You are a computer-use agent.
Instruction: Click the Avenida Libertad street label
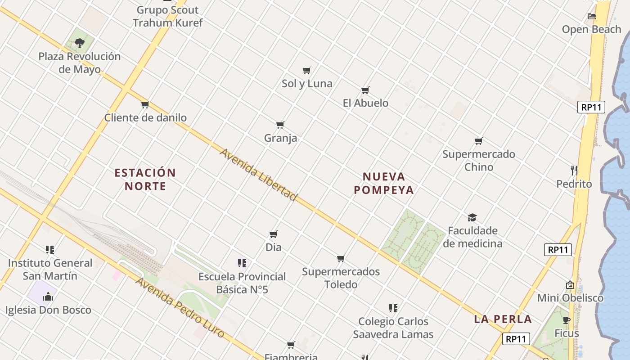[x=258, y=174]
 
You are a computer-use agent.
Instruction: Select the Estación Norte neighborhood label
[x=145, y=179]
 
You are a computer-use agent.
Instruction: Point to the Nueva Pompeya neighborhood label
[x=384, y=183]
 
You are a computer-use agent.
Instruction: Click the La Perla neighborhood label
[x=503, y=319]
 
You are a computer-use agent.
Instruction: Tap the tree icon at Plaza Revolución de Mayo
[x=80, y=43]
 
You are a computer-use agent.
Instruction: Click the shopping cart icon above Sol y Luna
[x=307, y=70]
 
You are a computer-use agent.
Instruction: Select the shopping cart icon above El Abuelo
[x=365, y=90]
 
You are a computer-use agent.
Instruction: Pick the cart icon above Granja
[x=280, y=125]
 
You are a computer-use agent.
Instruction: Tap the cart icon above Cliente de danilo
[x=145, y=105]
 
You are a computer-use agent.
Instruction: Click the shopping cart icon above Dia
[x=273, y=234]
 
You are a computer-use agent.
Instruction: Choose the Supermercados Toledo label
[x=341, y=278]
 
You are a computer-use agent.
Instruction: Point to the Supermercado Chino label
[x=479, y=160]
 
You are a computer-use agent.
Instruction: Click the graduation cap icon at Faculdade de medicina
[x=472, y=218]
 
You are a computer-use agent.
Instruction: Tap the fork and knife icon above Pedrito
[x=574, y=171]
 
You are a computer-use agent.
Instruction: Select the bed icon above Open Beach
[x=592, y=16]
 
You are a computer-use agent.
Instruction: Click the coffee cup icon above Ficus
[x=567, y=320]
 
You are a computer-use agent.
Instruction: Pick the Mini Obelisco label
[x=570, y=298]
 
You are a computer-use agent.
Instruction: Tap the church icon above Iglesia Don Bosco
[x=48, y=297]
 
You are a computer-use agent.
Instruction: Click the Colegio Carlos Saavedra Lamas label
[x=393, y=328]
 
